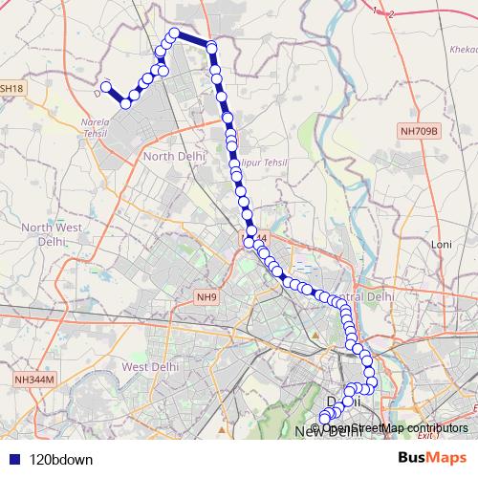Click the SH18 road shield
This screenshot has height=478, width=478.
tap(11, 88)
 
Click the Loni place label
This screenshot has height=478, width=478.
tap(441, 245)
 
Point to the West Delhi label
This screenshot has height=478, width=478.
tap(146, 366)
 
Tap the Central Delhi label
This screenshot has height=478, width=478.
tap(373, 296)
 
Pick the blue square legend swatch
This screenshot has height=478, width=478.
tap(13, 458)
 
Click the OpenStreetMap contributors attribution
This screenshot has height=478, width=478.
tap(395, 427)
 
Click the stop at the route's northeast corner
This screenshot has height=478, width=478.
tap(212, 47)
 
